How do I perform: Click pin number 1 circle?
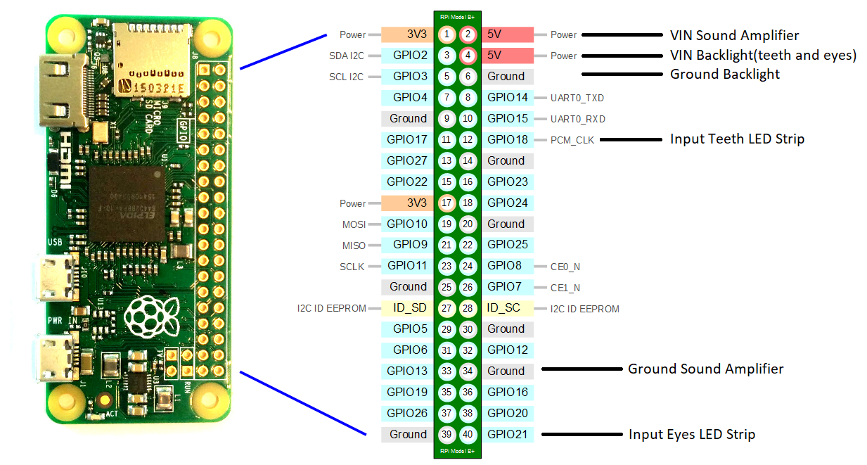coord(447,34)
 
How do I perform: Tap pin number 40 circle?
coord(468,434)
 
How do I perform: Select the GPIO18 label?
coord(508,139)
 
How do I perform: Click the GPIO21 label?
coord(508,434)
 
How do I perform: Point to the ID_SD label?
coord(410,308)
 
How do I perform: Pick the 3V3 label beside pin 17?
coord(417,203)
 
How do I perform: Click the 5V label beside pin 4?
coord(494,56)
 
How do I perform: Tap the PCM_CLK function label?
coord(572,140)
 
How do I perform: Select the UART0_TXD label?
coord(577,98)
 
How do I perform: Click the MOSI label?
coord(354,224)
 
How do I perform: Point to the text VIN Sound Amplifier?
coord(734,35)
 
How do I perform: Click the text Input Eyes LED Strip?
coord(692,435)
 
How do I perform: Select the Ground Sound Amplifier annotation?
coord(705,369)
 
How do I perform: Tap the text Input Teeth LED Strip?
coord(737,139)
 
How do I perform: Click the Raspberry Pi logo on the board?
coord(152,317)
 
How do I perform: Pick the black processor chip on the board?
coord(127,205)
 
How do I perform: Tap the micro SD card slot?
coord(152,60)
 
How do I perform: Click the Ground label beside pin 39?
coord(408,434)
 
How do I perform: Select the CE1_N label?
coord(565,288)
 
